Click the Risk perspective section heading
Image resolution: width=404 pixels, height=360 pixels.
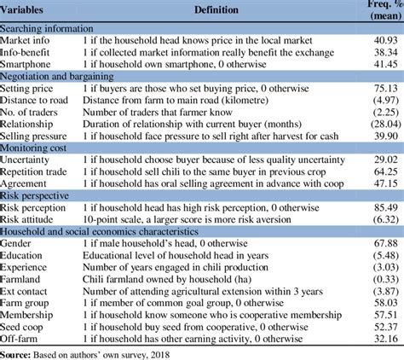click(40, 195)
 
